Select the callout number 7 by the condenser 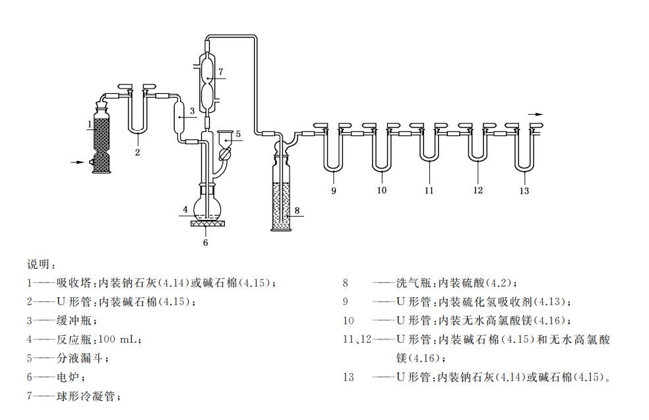[x=221, y=71]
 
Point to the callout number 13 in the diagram [x=524, y=192]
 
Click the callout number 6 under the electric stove [x=206, y=242]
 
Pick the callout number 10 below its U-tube [x=381, y=191]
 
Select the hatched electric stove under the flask [x=206, y=224]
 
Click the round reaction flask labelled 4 [x=206, y=207]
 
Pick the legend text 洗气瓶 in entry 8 [x=414, y=283]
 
